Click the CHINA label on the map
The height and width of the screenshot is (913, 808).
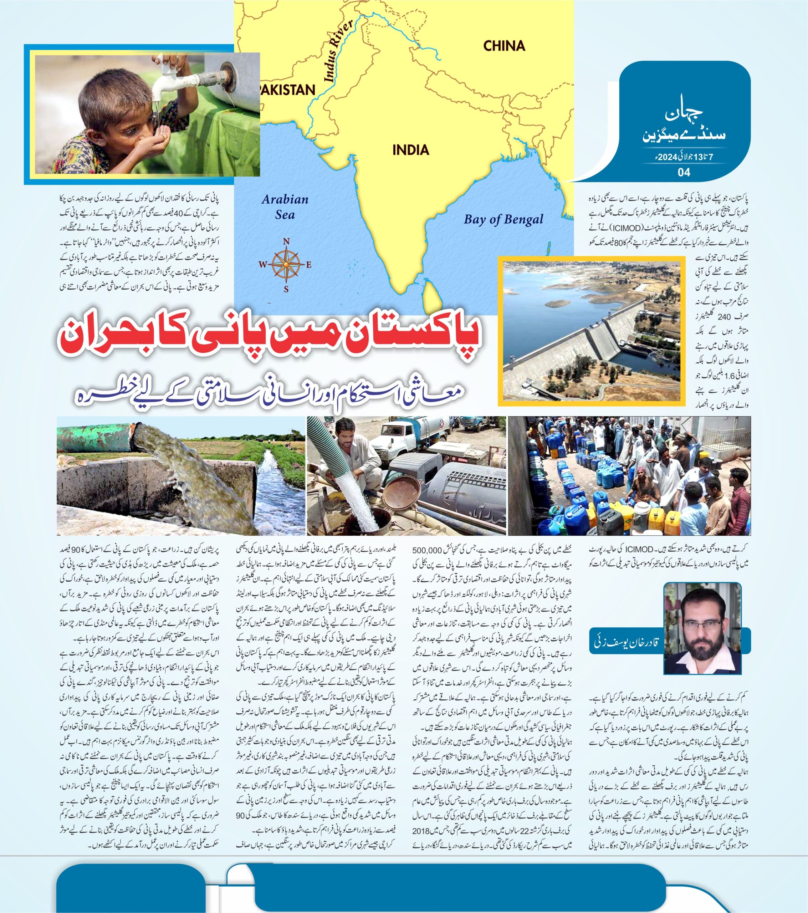click(x=504, y=46)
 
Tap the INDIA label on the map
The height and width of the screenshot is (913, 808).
click(x=410, y=150)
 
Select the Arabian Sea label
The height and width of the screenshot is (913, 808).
click(x=285, y=207)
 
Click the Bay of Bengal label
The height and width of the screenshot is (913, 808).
click(x=503, y=219)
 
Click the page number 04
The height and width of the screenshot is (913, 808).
click(x=684, y=172)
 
